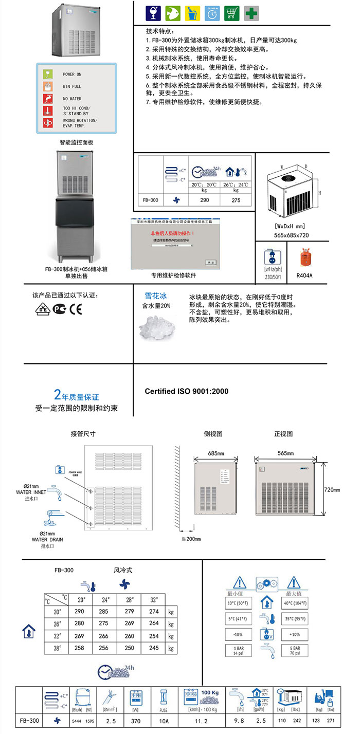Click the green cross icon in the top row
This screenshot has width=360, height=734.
tap(251, 13)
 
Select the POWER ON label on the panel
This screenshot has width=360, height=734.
tap(73, 75)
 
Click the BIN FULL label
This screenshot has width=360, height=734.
tap(73, 87)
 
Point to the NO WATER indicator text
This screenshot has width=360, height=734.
tap(73, 99)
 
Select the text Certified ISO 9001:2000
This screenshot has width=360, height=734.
tap(186, 391)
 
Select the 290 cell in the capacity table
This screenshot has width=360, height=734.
tap(79, 611)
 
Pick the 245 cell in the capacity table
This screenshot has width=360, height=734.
tap(153, 648)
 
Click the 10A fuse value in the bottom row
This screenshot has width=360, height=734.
tap(164, 721)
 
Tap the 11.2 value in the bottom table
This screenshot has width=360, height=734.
tap(198, 721)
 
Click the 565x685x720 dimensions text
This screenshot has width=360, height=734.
tap(292, 234)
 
